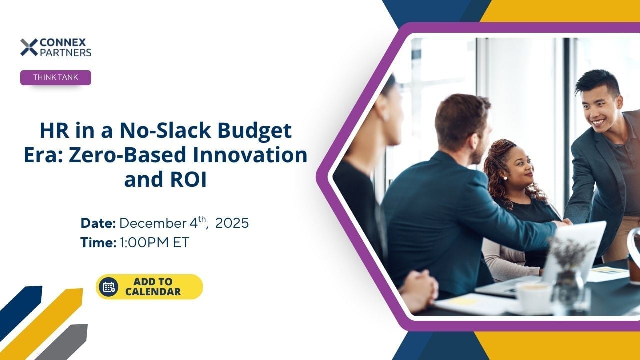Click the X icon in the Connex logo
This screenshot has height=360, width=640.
29,47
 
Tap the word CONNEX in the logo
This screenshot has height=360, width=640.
63,43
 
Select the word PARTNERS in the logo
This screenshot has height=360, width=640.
65,53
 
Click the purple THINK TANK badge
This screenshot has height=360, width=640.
55,77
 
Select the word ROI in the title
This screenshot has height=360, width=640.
188,179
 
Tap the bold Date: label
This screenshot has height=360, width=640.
98,223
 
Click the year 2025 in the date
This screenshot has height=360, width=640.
232,223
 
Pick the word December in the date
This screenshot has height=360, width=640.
153,223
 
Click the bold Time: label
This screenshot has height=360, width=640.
98,243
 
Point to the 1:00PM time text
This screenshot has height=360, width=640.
144,243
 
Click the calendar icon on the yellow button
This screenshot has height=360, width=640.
109,287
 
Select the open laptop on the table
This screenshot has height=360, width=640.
543,260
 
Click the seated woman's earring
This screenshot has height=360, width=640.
505,178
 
